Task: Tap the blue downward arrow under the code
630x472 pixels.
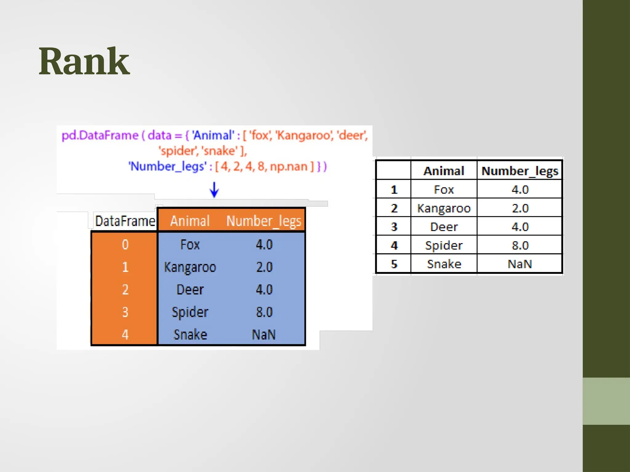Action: [x=214, y=189]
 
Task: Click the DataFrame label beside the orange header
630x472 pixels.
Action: [x=125, y=221]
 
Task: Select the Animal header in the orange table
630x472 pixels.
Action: [x=190, y=221]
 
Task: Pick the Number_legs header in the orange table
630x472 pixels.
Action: [x=264, y=221]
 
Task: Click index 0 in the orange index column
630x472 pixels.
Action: [x=125, y=245]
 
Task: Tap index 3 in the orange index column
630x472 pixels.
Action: [x=125, y=312]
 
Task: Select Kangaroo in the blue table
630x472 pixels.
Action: [x=190, y=267]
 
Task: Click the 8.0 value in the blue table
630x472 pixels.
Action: [x=264, y=312]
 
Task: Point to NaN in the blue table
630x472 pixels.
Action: [x=264, y=335]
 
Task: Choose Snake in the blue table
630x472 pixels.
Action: [x=190, y=335]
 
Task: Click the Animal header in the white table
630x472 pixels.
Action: [x=444, y=171]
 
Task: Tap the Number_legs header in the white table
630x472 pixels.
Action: [x=520, y=171]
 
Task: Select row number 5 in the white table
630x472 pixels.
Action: [x=394, y=264]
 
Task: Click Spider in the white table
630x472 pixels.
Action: [x=444, y=245]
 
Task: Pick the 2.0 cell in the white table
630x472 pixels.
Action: [x=520, y=208]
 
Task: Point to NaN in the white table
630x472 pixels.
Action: [x=520, y=264]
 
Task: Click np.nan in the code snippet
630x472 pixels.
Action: [x=289, y=167]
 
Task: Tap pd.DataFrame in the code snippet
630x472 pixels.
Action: [x=100, y=135]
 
